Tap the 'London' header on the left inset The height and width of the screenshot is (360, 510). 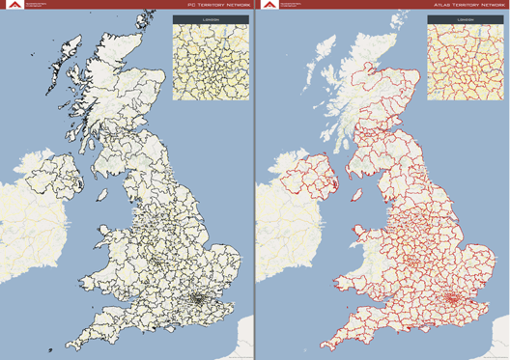pos(211,19)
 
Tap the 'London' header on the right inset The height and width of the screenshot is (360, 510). pos(466,19)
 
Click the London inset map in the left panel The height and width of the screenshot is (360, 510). pos(211,62)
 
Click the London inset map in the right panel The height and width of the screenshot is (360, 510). pos(466,62)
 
